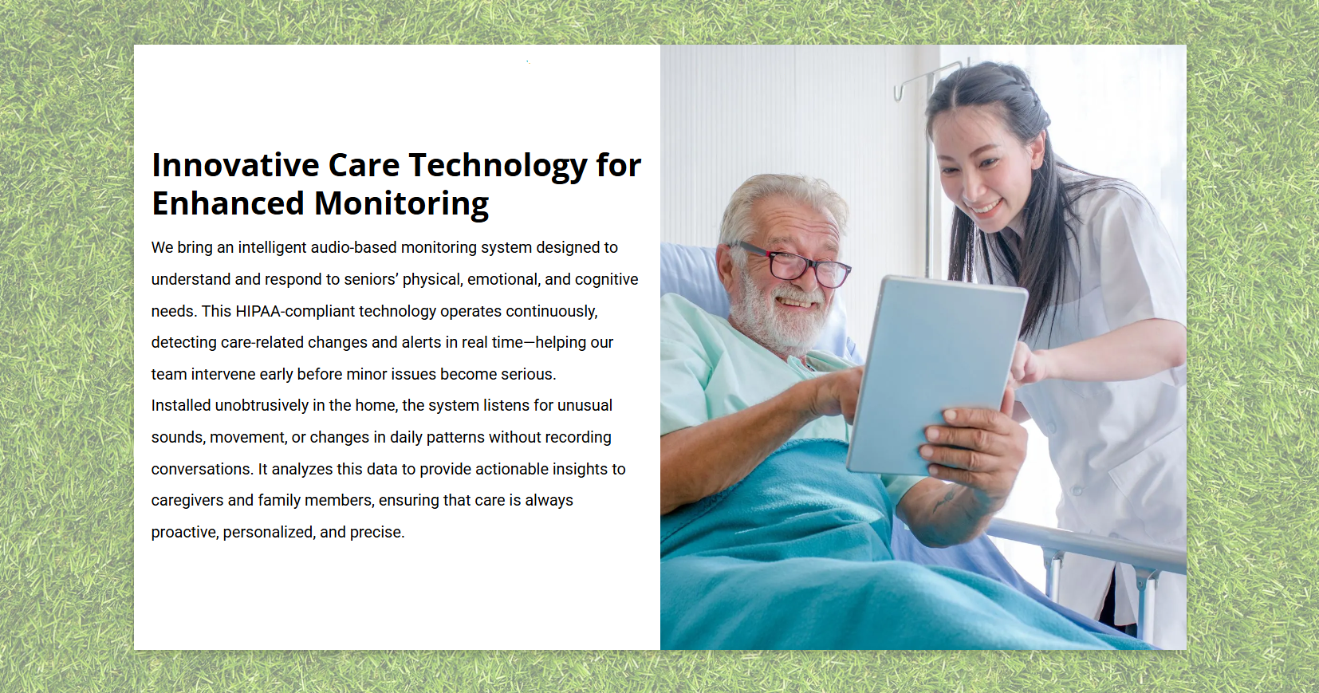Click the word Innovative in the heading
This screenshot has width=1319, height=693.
click(235, 165)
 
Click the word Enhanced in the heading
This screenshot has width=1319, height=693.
click(227, 203)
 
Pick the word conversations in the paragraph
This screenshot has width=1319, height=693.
click(202, 469)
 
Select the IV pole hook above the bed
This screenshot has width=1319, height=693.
click(900, 91)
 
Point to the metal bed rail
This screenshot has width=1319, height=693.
click(1089, 545)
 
